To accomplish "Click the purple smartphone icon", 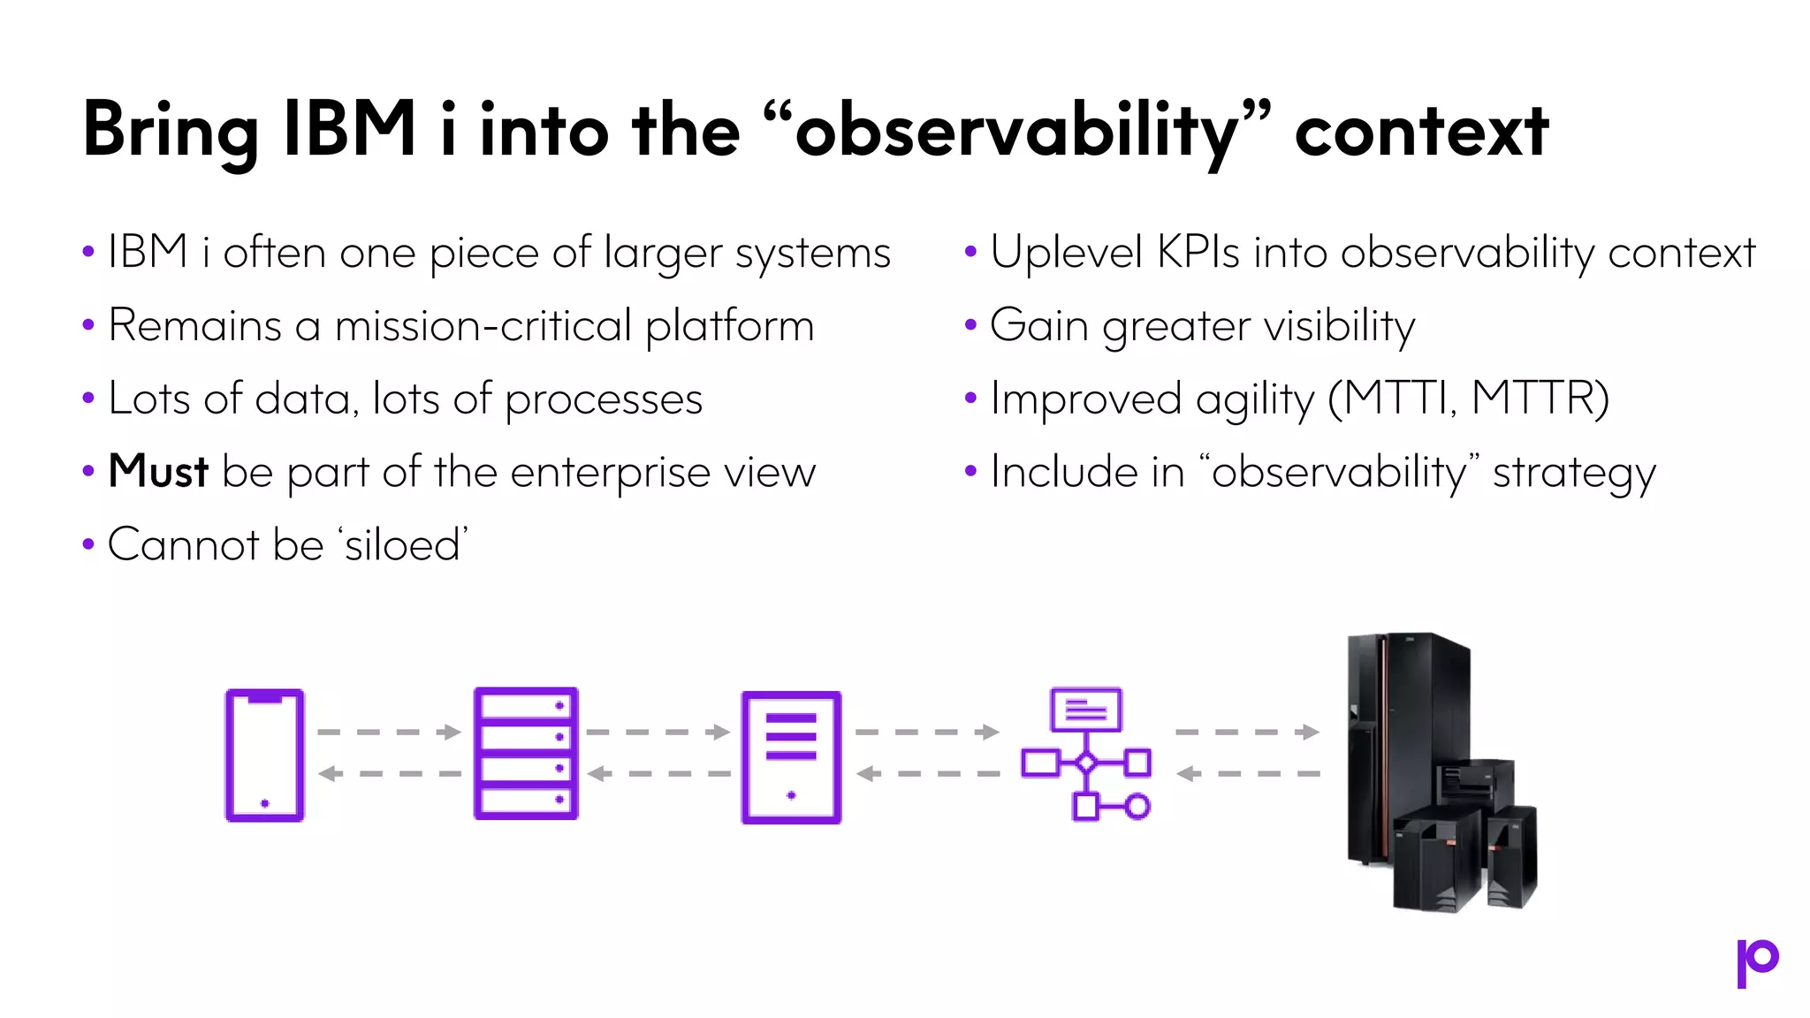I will [x=264, y=756].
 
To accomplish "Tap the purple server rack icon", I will [x=526, y=754].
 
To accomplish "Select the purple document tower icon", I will [x=791, y=757].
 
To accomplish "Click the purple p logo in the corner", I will [x=1757, y=962].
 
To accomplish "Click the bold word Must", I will [x=158, y=471].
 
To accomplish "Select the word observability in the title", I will [x=1016, y=131].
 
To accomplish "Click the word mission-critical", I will [x=483, y=325].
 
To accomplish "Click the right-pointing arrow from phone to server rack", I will [x=389, y=732].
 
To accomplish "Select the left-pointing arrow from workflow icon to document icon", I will [x=928, y=774].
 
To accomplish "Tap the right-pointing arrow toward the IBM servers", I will [x=1247, y=732].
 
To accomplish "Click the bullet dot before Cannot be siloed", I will [x=88, y=544].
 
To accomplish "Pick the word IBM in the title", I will [x=350, y=131].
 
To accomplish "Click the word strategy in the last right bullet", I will [x=1574, y=473].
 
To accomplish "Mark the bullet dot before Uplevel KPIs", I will [x=970, y=252].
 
